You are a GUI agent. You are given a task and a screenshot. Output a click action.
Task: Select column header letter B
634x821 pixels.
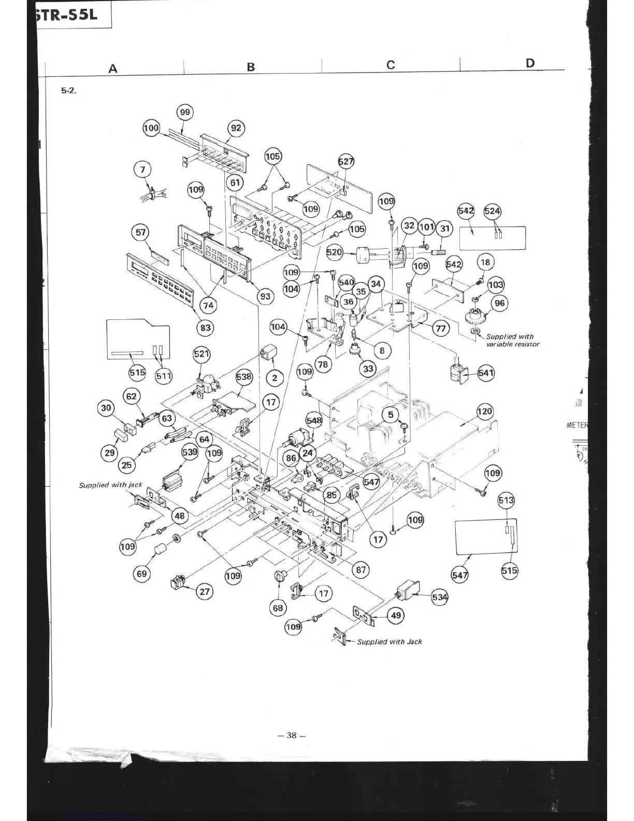coord(251,67)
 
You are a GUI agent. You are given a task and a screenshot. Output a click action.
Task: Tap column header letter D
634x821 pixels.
coord(530,63)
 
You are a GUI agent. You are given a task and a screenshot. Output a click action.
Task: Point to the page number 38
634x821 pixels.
coord(292,735)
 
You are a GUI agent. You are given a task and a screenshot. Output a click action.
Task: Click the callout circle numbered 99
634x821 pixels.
coord(185,112)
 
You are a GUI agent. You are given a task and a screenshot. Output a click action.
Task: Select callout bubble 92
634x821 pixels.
coord(236,128)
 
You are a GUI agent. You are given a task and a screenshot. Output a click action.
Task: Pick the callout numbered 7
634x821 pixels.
coord(143,169)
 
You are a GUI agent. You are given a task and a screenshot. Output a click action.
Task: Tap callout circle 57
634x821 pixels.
coord(141,232)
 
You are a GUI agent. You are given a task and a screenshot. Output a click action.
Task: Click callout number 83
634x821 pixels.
coord(206,328)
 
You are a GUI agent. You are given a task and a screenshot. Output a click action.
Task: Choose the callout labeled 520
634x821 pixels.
coord(335,252)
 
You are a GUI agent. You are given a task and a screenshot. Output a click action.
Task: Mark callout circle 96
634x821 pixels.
coord(499,303)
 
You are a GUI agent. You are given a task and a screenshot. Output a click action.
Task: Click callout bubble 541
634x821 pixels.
coord(486,373)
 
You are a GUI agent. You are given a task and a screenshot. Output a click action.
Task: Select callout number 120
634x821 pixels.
coord(485,412)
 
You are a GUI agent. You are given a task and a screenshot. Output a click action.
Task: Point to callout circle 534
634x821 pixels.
coord(440,597)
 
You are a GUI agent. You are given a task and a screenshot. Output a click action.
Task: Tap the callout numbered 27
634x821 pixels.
coord(205,592)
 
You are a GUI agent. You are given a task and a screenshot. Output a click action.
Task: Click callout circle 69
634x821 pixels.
coord(141,574)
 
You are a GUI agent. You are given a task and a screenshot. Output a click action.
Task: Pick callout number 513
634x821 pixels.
coord(506,500)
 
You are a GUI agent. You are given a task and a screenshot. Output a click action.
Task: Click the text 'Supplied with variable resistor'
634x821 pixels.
coord(512,341)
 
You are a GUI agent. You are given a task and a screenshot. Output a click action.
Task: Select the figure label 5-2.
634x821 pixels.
coord(69,90)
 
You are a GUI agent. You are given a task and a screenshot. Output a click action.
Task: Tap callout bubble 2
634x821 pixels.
coord(275,377)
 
